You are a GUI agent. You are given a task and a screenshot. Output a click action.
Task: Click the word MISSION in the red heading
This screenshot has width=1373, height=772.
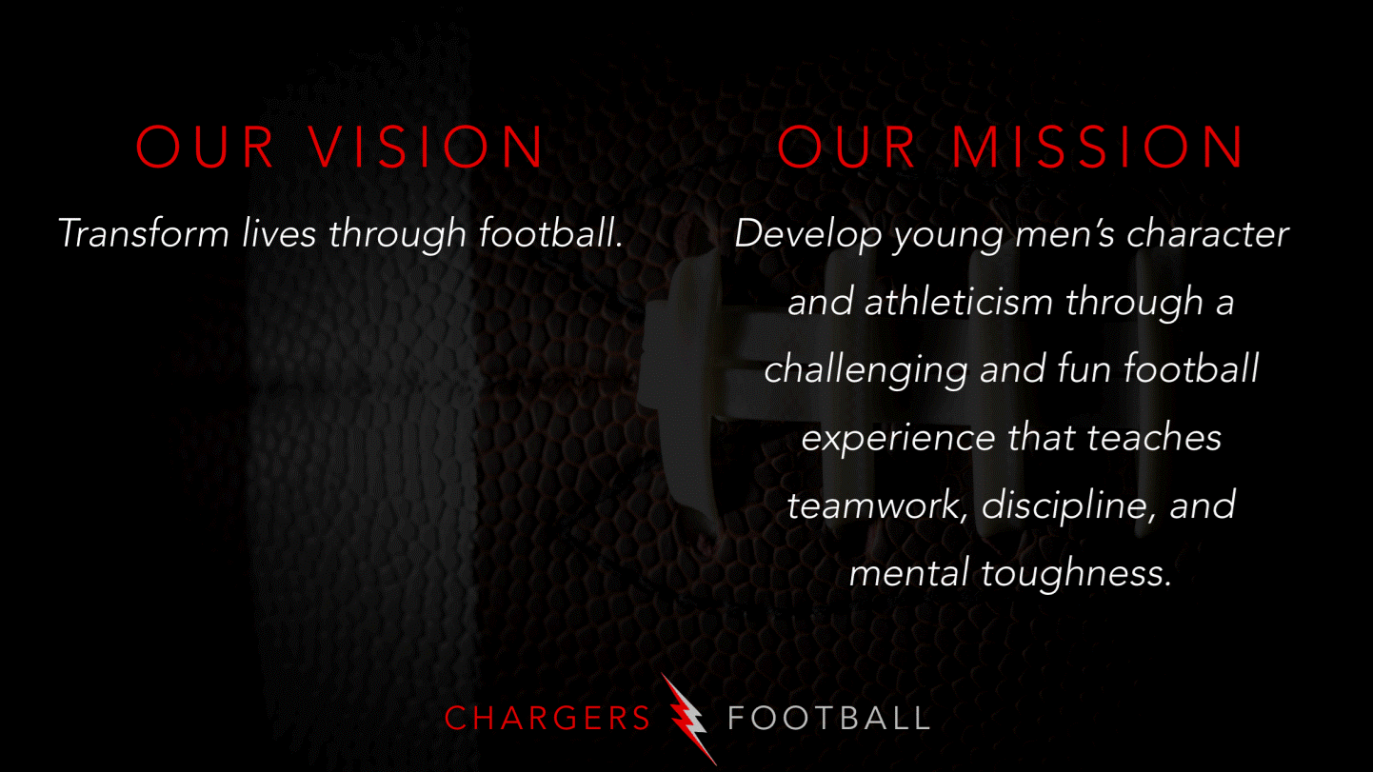coord(1100,148)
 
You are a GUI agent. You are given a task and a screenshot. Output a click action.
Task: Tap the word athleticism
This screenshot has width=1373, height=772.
coord(959,303)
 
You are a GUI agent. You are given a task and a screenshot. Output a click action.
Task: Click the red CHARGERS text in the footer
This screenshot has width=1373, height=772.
coord(547,719)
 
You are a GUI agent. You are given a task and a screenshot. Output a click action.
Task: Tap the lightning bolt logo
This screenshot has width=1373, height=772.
coord(688,719)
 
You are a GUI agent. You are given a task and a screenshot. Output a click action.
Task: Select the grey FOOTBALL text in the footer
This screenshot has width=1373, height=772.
coord(828,719)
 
